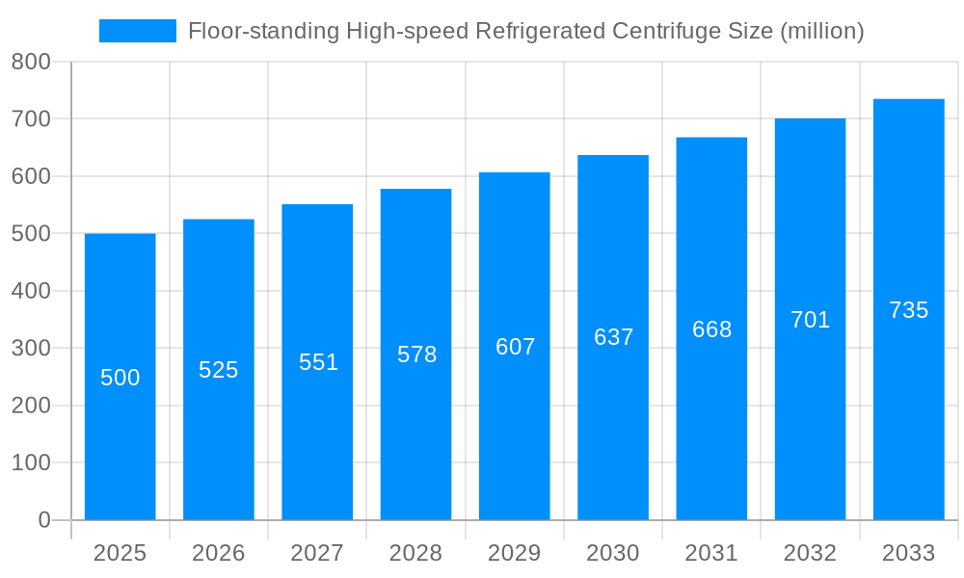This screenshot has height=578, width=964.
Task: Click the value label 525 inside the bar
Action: coord(219,370)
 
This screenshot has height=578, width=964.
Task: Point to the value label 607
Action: coord(515,347)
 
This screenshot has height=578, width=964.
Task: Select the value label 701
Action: coord(810,320)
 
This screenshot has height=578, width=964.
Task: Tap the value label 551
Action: coord(318,362)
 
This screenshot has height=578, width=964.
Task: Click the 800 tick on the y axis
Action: coord(31,63)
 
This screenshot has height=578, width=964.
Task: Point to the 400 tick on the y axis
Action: coord(31,291)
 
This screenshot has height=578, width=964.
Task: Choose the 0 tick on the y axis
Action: coord(43,520)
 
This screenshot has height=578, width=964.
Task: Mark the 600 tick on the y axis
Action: coord(31,176)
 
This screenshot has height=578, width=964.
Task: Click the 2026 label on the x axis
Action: coord(219,553)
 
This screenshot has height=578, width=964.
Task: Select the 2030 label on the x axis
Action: coord(613,553)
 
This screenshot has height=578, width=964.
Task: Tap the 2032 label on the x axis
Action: coord(810,553)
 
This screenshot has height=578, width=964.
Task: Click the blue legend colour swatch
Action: coord(138,31)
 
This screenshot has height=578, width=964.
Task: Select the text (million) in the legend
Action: coord(821,31)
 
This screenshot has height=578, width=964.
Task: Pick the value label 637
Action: coord(613,337)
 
